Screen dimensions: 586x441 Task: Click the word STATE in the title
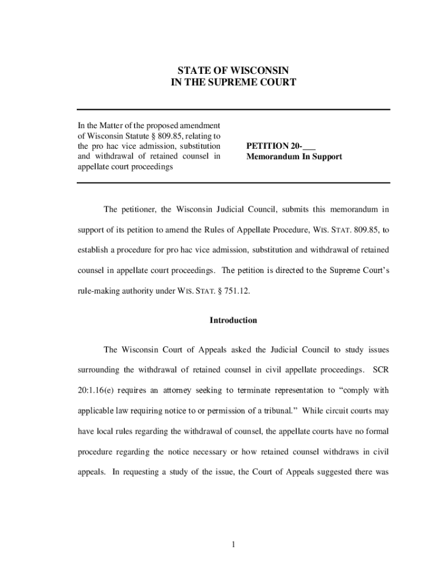[188, 70]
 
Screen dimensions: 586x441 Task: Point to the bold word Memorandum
[271, 156]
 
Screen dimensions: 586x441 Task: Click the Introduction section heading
[234, 320]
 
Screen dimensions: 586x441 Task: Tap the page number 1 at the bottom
[234, 544]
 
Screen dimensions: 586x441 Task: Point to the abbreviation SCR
[381, 370]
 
